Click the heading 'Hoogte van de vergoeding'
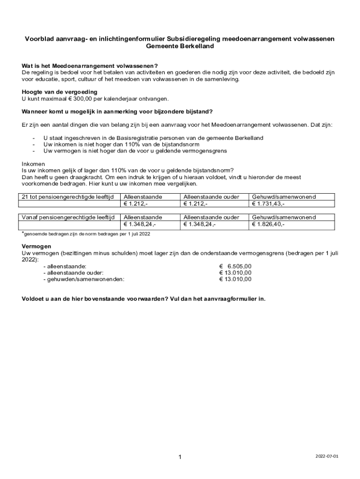point(59,92)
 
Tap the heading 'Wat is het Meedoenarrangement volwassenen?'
point(90,66)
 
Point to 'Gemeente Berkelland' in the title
point(180,46)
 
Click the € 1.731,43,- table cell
point(268,204)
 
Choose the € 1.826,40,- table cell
point(268,225)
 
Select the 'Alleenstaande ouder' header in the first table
point(211,197)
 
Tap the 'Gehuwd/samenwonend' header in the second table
point(284,218)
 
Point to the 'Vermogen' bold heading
point(36,247)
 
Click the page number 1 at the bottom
point(180,457)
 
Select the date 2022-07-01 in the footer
point(326,456)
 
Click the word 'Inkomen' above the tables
point(34,164)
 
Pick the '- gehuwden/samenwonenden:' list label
point(84,279)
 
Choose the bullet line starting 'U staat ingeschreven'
point(153,138)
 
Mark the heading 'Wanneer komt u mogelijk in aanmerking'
point(117,111)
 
